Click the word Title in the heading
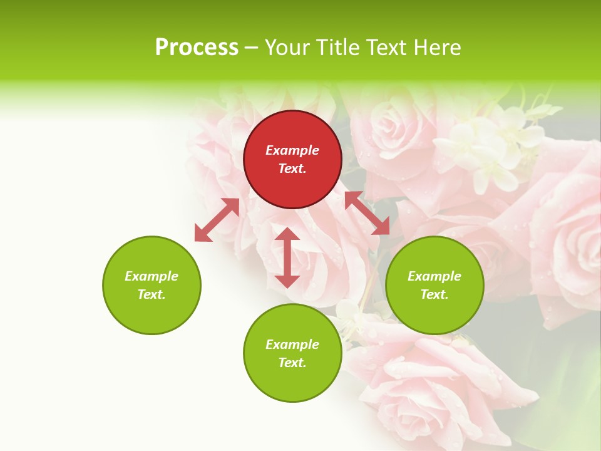pos(337,48)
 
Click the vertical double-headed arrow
pos(287,257)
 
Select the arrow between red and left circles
pos(217,220)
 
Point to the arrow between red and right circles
pos(367,213)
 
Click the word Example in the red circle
pos(292,150)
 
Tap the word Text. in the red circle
pos(292,168)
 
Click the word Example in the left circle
pos(152,276)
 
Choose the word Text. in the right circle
pos(434,294)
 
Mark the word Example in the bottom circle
pos(292,345)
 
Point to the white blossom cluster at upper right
pos(495,144)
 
